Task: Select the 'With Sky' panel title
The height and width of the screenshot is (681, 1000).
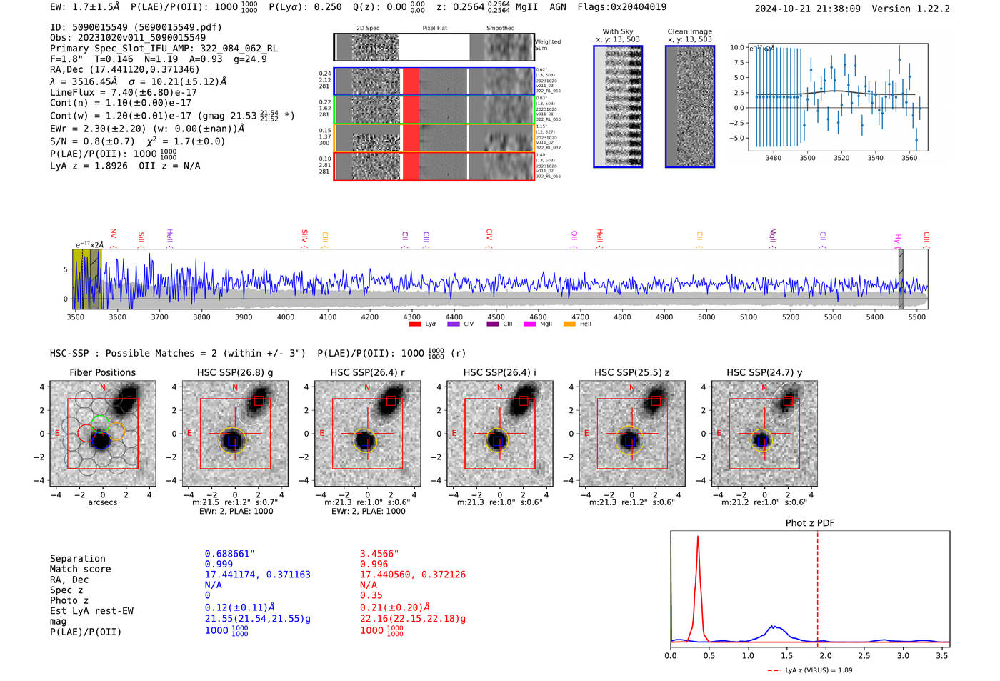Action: pos(617,31)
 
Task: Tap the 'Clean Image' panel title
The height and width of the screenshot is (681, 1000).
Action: pos(689,31)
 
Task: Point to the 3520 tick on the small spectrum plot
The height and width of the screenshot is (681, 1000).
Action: pos(841,158)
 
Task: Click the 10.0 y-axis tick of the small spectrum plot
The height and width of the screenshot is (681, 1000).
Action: pos(736,47)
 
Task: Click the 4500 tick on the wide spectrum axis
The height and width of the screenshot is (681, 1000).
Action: pos(496,317)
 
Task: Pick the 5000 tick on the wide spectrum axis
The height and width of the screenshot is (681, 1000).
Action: pos(706,317)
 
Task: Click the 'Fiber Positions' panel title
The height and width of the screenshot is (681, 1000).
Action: pos(102,372)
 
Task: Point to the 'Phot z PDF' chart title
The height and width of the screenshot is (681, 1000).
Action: pos(810,522)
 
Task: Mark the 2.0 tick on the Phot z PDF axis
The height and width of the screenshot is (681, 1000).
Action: pos(825,655)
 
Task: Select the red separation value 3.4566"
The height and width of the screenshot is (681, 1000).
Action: pos(379,554)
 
